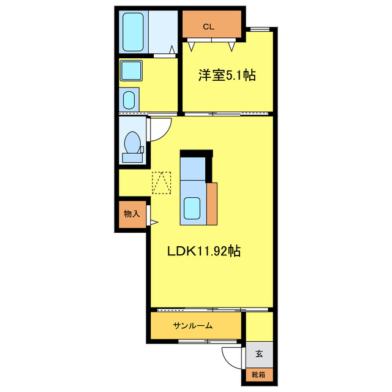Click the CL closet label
click(x=209, y=27)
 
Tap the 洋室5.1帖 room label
click(x=227, y=76)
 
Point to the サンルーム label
click(x=192, y=325)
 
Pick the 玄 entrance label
click(x=258, y=353)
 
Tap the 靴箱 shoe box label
click(x=258, y=374)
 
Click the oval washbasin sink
click(x=129, y=99)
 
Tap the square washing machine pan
click(x=130, y=70)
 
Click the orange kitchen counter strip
click(x=212, y=204)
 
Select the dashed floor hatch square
click(x=162, y=183)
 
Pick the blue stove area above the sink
click(x=194, y=170)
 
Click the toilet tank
click(x=131, y=157)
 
